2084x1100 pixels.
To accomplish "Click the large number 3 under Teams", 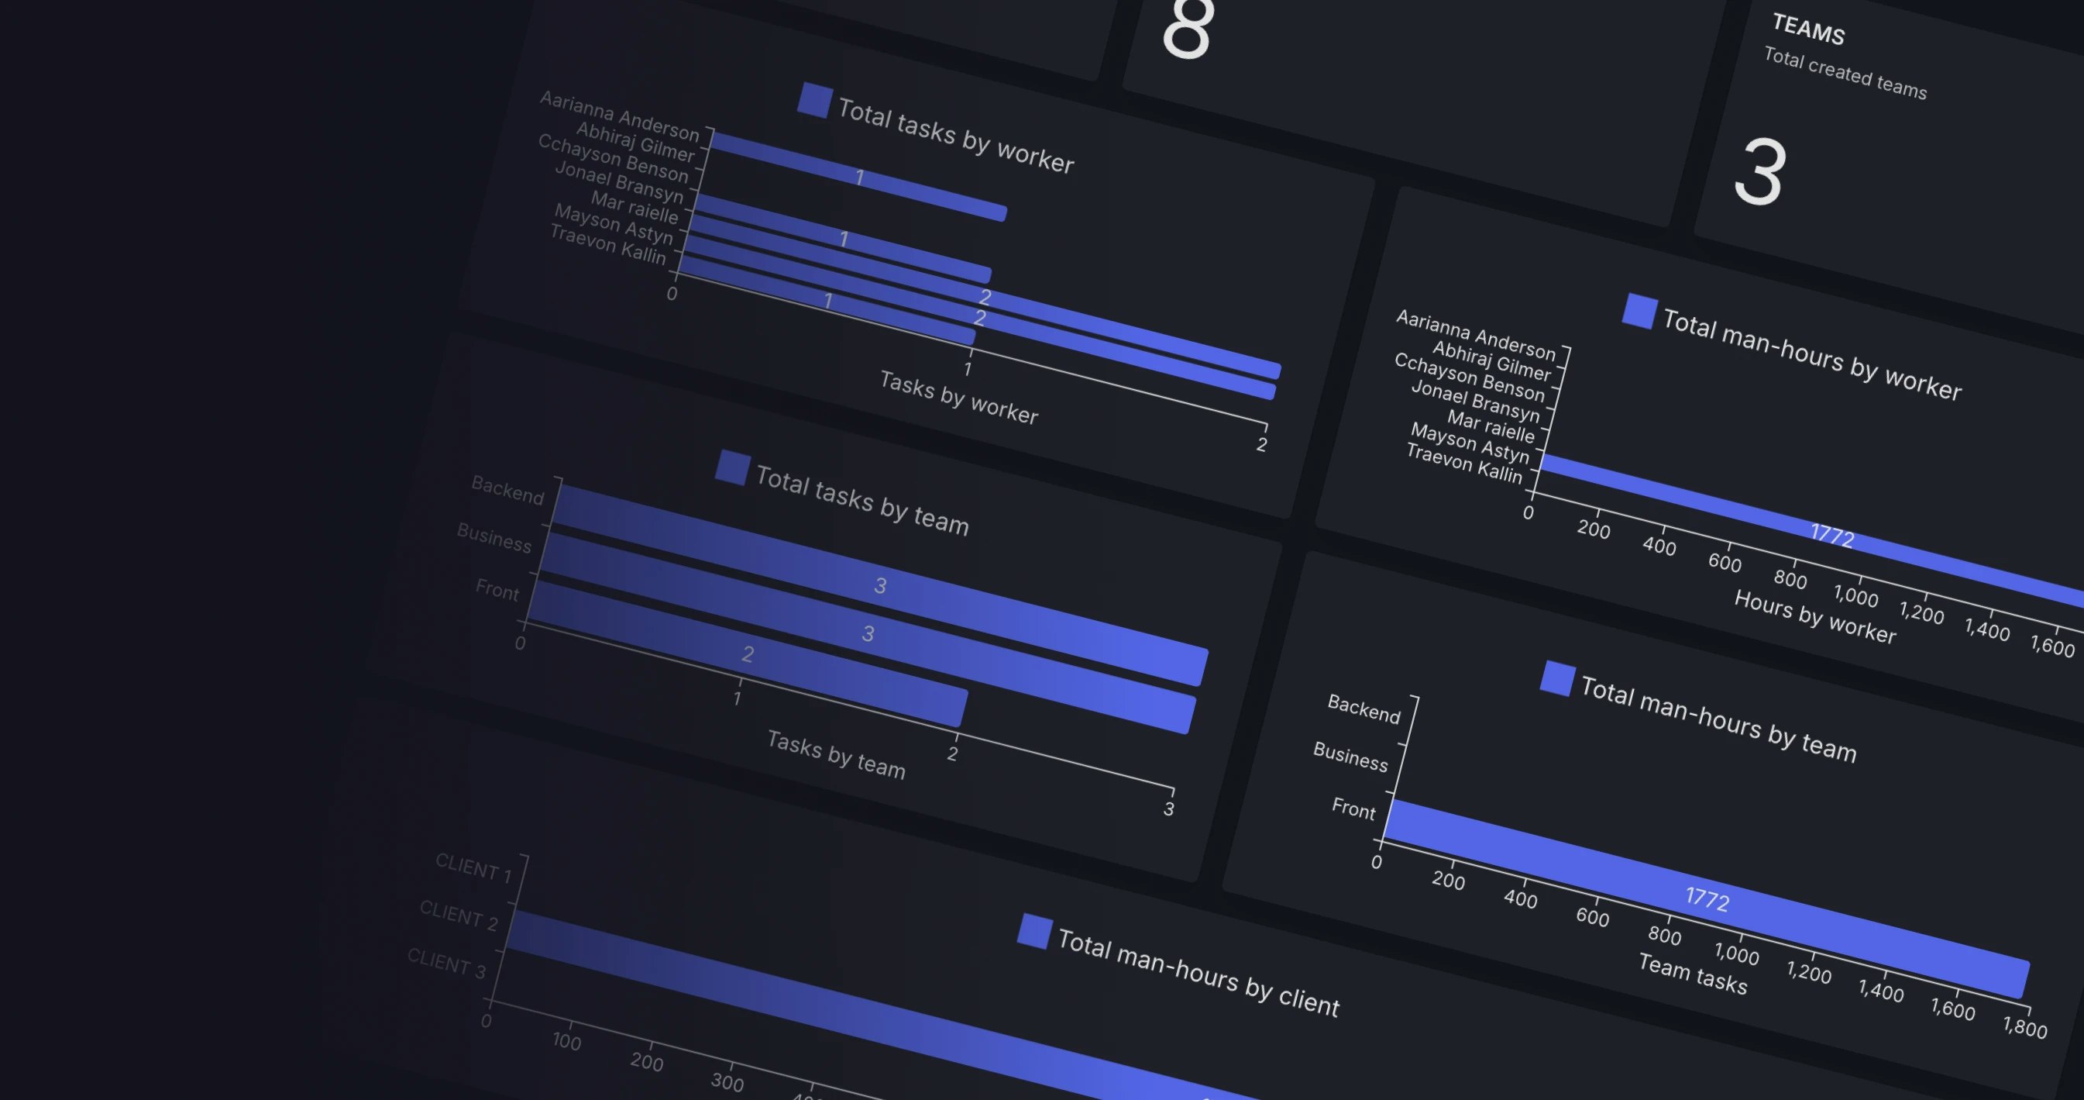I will coord(1759,172).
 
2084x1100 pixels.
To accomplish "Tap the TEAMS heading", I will coord(1808,30).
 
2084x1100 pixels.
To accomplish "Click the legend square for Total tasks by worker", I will coord(814,100).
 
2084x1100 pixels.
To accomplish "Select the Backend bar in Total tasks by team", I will coord(882,584).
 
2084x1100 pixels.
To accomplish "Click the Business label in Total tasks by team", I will coord(493,537).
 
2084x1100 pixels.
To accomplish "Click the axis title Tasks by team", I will coord(836,754).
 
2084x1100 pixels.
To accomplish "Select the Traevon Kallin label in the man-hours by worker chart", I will coord(1464,463).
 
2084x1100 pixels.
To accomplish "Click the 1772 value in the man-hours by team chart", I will coord(1707,898).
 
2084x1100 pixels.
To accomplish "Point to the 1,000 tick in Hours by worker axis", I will coord(1855,597).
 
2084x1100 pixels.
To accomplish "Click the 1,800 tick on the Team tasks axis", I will coord(2024,1028).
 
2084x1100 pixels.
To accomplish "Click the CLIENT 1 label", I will coord(473,867).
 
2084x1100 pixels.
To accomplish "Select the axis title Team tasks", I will coord(1693,974).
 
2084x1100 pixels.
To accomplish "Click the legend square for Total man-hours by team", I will coord(1556,678).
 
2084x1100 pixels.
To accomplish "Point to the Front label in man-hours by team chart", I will coord(1353,808).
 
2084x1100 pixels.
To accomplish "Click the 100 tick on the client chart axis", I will coord(566,1042).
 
